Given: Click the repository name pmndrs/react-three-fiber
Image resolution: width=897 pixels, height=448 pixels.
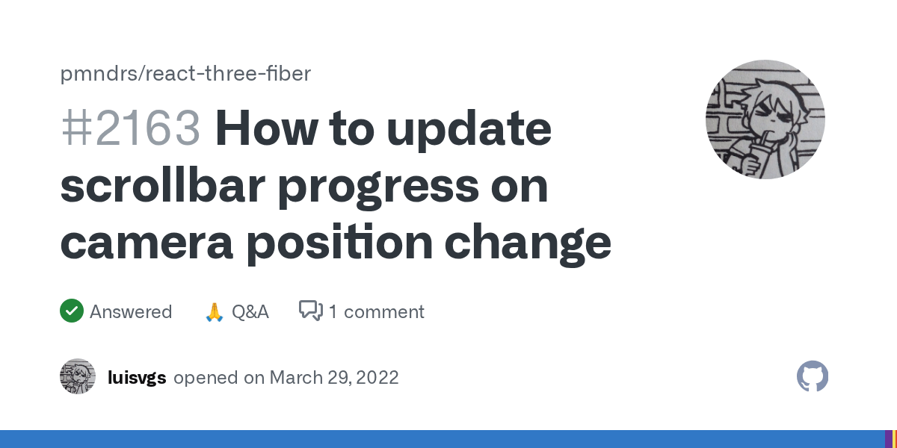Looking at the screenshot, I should (185, 74).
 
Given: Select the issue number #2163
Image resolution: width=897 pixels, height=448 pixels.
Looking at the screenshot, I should (130, 128).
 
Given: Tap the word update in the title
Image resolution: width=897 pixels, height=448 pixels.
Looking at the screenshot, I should (469, 128).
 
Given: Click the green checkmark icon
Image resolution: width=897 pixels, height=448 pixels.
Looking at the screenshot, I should (72, 311).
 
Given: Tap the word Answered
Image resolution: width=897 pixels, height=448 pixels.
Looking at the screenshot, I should (131, 311).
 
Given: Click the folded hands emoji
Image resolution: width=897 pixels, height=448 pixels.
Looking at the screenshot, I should (214, 311).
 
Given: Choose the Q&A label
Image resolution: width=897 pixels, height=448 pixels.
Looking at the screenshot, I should (250, 311).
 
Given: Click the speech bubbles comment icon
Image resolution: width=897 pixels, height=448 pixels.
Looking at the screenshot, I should (310, 311).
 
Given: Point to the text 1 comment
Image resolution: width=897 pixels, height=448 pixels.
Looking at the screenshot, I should (376, 311).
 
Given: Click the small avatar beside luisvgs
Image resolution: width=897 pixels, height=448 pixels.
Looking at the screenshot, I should (78, 376).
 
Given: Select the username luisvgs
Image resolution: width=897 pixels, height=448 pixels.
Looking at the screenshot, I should (137, 377).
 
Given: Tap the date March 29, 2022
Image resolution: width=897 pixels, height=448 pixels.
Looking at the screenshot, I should (334, 377).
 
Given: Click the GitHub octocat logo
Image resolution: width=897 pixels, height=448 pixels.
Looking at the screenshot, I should (813, 376).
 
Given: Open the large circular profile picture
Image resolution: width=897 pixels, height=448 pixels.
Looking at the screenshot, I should (765, 119).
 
